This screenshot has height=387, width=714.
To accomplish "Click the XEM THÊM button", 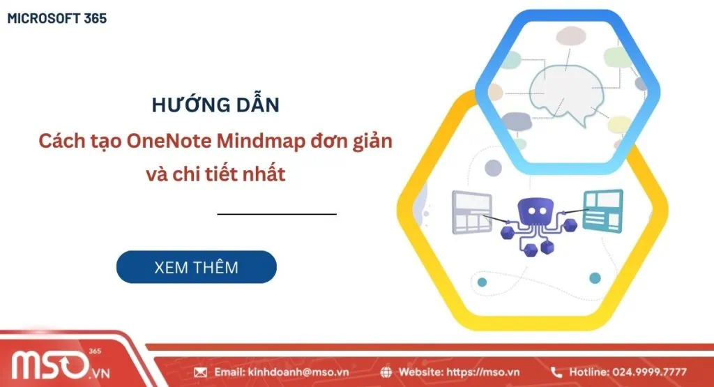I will pos(196,267).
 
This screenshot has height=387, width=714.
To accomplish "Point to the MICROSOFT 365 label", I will pos(56,19).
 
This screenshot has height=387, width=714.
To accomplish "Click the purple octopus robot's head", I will pos(535,209).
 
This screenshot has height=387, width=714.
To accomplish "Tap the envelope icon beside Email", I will pos(201,372).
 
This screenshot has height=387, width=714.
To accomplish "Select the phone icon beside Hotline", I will pos(556,372).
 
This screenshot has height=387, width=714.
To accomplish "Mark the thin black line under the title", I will pos(277,214).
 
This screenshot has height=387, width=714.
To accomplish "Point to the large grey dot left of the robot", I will pos(493,167).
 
